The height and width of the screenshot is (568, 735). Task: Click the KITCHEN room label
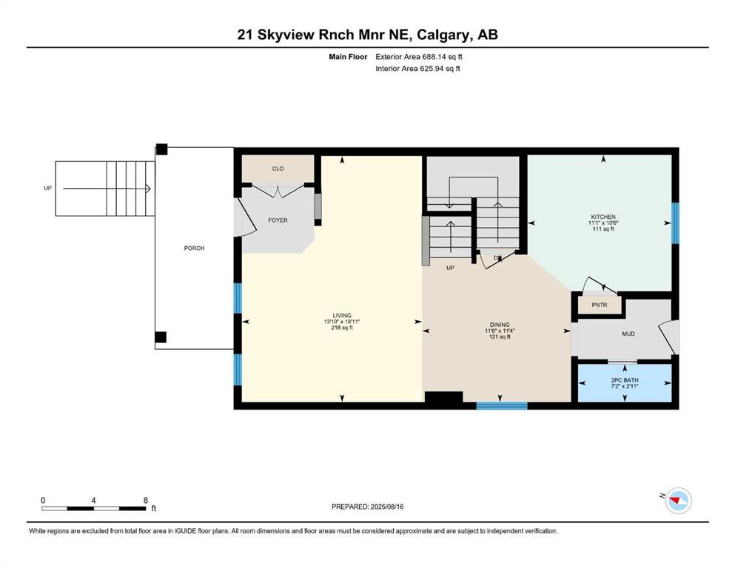coord(603,217)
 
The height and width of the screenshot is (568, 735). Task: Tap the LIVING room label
coord(342,316)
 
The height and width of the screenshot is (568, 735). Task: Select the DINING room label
coord(500,325)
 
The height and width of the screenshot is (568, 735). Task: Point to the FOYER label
coord(278,220)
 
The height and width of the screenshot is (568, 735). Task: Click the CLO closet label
coord(278,169)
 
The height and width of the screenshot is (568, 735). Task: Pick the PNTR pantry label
coord(600,305)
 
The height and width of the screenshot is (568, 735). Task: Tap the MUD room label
coord(628,334)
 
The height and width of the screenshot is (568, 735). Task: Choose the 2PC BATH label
coord(625,380)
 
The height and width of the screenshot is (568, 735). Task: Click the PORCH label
coord(194,248)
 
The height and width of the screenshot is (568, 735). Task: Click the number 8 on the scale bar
coord(146,500)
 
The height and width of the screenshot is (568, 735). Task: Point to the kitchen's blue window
coord(675,223)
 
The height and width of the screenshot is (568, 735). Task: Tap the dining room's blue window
coord(502,405)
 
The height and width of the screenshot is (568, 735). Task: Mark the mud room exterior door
coord(669,337)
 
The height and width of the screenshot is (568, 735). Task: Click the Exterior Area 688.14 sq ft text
coord(419,57)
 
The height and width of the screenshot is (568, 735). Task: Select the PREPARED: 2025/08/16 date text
coord(367,507)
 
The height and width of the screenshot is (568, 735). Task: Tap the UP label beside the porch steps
coord(47,189)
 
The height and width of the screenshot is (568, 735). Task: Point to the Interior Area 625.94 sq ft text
coord(417,68)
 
